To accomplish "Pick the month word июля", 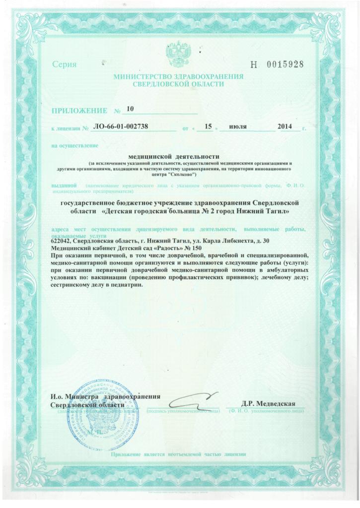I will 238,127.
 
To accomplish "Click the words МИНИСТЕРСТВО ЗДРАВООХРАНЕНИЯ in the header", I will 178,77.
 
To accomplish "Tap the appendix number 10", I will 130,108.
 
